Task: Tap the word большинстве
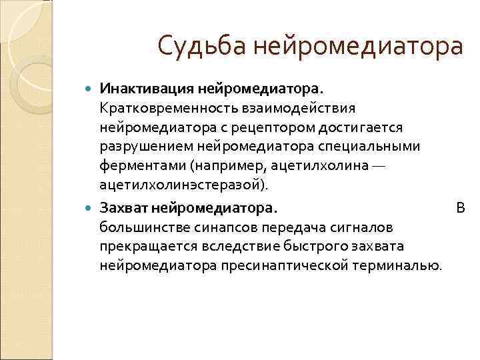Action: (139, 227)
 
